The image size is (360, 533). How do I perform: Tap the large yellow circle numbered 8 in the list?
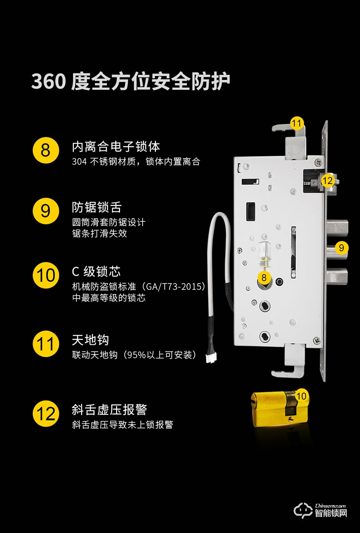46,149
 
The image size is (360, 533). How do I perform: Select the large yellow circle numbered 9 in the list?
46,211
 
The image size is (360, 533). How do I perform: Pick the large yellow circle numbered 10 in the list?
46,276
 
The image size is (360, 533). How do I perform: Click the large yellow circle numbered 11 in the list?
46,344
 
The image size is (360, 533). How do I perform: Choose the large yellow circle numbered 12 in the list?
46,414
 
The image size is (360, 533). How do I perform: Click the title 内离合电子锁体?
116,147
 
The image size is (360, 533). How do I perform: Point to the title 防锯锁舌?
97,207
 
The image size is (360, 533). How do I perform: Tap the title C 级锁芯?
96,272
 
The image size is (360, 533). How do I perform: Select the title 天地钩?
90,340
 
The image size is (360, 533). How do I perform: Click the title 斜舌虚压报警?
109,409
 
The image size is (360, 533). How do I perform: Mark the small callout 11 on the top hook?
297,123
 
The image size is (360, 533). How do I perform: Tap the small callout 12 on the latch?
327,180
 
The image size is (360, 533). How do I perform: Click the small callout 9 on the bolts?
341,248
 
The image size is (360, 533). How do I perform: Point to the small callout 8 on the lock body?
264,277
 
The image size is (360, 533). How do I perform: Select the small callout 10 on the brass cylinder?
301,396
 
